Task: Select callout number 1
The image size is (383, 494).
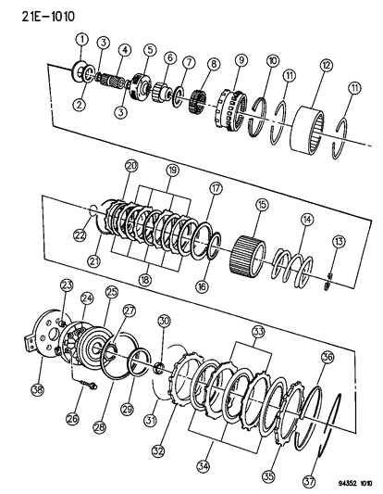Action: [x=81, y=39]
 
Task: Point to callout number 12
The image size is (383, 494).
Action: [x=325, y=65]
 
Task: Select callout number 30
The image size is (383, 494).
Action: [x=164, y=321]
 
